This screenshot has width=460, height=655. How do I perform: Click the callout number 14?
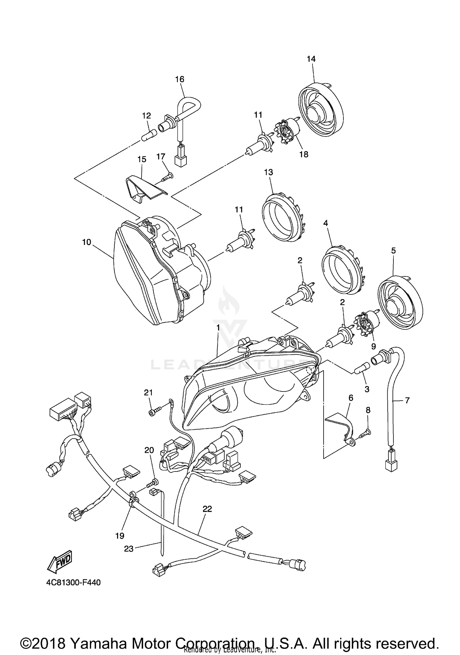point(311,59)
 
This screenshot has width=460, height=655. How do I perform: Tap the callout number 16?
point(180,79)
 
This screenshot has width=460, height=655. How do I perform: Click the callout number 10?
point(86,242)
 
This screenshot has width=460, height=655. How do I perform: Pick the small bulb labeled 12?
point(149,135)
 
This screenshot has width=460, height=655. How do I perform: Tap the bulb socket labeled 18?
point(287,134)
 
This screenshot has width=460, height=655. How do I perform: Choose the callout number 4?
point(326,223)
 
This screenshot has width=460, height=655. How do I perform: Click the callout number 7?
point(407,400)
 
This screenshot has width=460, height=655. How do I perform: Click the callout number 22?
point(207,509)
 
